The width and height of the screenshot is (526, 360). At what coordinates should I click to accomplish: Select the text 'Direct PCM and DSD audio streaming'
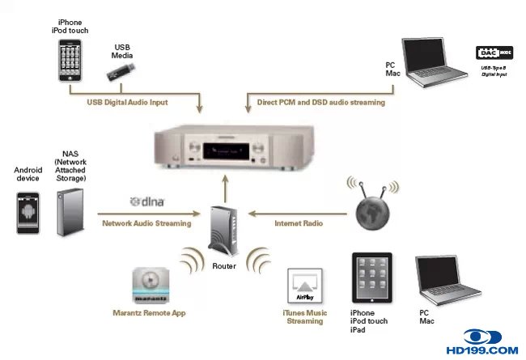322,103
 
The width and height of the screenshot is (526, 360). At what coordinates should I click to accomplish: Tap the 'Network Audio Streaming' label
146,222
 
